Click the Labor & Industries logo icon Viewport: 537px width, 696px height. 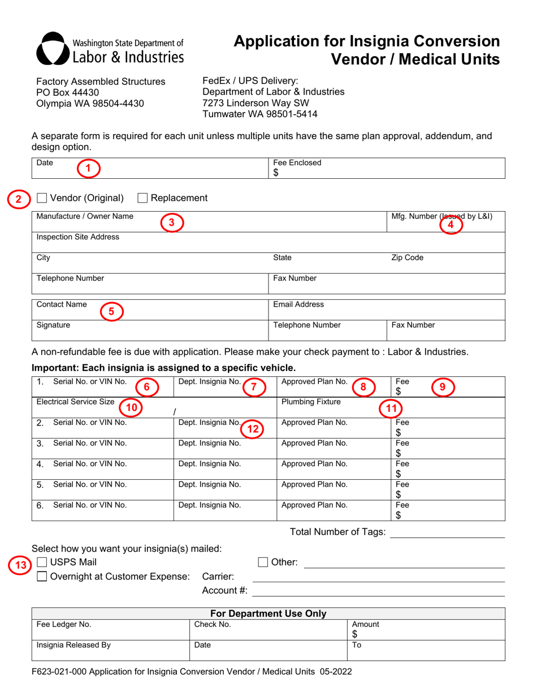click(x=53, y=48)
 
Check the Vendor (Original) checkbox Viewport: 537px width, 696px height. click(x=42, y=198)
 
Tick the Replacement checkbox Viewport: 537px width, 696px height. click(x=143, y=198)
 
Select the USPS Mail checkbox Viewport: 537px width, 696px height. click(x=42, y=562)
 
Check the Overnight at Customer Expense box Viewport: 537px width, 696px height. click(x=42, y=577)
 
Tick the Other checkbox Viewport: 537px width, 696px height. click(x=263, y=562)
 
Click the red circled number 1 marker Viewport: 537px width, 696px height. click(x=88, y=167)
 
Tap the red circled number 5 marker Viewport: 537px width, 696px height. click(x=111, y=311)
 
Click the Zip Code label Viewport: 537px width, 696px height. click(x=407, y=258)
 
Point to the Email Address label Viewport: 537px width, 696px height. click(x=298, y=305)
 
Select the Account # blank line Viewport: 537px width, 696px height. click(x=378, y=590)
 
